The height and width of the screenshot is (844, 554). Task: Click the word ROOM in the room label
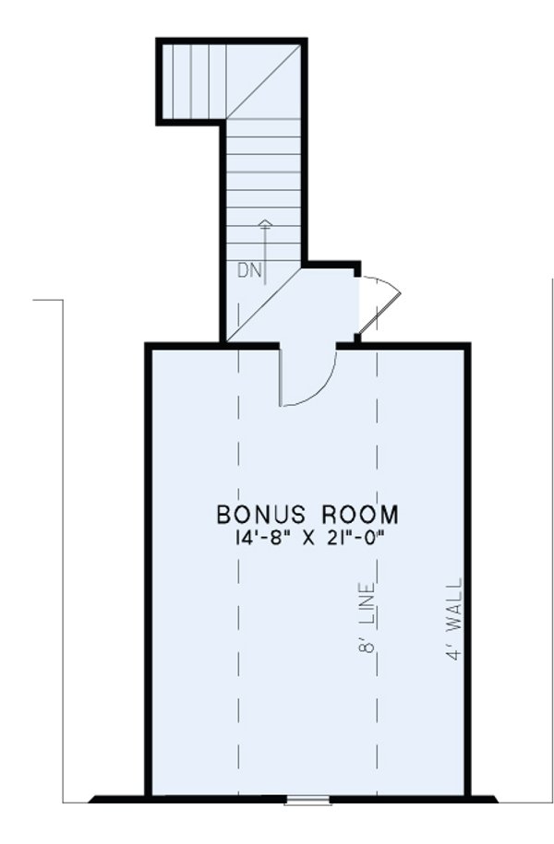358,513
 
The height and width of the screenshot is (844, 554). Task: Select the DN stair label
248,270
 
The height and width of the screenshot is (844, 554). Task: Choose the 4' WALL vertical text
453,617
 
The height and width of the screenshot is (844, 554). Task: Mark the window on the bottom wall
308,799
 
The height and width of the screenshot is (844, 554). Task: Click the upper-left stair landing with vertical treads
195,81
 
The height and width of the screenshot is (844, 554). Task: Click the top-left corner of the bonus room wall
148,346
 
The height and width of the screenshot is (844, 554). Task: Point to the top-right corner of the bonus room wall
467,346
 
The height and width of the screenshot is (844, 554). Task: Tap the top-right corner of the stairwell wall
303,42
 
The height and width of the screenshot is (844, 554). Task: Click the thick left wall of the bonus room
148,572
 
